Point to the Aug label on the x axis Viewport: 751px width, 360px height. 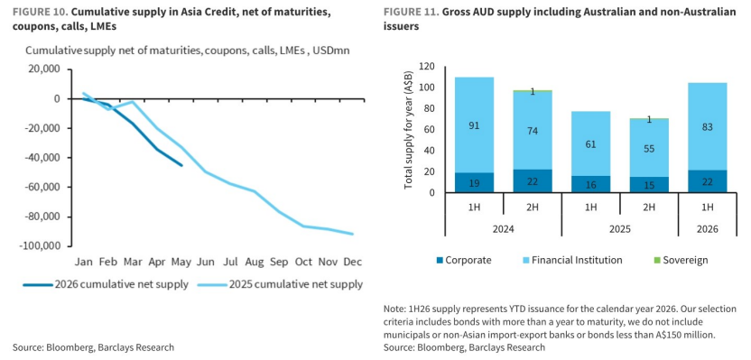pyautogui.click(x=255, y=262)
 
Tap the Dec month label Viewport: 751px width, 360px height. pyautogui.click(x=353, y=262)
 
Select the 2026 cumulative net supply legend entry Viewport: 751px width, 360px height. pyautogui.click(x=106, y=285)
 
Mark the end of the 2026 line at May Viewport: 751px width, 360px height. pyautogui.click(x=181, y=166)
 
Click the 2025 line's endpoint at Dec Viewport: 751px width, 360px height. pyautogui.click(x=353, y=234)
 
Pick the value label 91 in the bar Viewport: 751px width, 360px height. pyautogui.click(x=474, y=126)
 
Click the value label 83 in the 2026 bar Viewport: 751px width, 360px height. pyautogui.click(x=708, y=127)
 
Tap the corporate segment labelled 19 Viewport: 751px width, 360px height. pyautogui.click(x=474, y=182)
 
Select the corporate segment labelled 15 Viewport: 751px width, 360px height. pyautogui.click(x=649, y=185)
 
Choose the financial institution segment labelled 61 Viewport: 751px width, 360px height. pyautogui.click(x=590, y=143)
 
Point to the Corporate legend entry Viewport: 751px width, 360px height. pyautogui.click(x=464, y=261)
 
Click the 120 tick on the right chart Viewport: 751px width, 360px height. pyautogui.click(x=427, y=66)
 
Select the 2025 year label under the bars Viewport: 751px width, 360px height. pyautogui.click(x=620, y=229)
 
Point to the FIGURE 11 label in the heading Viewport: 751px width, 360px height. pyautogui.click(x=411, y=13)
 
